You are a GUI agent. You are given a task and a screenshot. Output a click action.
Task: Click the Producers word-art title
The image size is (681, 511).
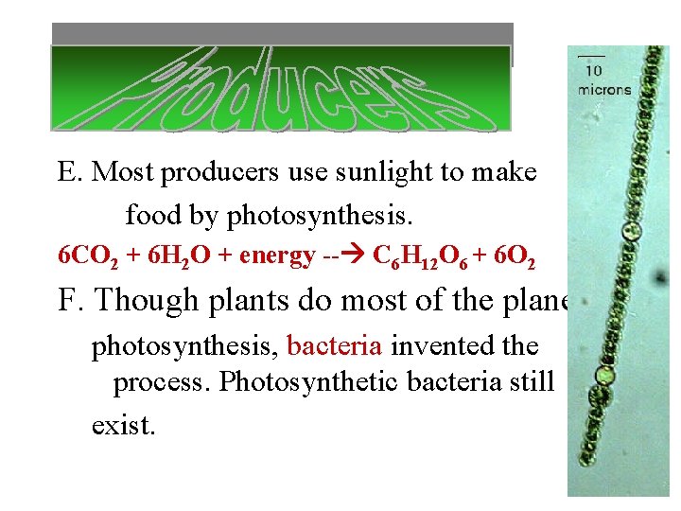tap(280, 90)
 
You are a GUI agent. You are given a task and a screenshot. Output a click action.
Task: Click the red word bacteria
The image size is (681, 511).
tap(334, 345)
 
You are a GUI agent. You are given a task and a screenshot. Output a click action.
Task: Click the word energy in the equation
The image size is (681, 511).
tap(277, 255)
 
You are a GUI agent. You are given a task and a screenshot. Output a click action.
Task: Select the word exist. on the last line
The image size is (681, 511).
tap(123, 426)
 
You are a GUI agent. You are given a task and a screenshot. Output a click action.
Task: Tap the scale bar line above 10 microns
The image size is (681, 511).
tap(592, 57)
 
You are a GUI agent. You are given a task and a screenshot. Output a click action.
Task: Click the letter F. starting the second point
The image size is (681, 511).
tap(72, 300)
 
